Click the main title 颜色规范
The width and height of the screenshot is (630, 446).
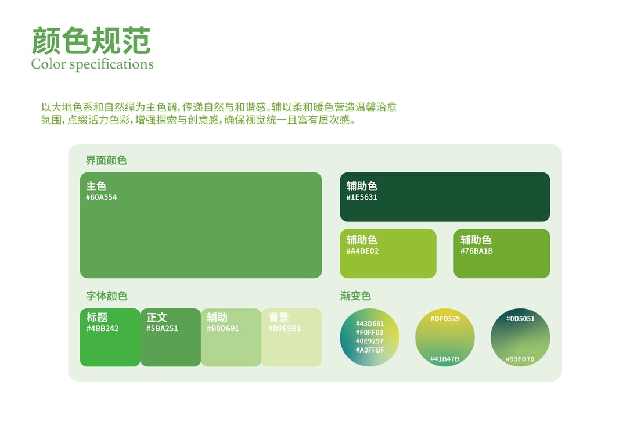[x=91, y=41]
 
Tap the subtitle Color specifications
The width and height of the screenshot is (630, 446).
[x=92, y=64]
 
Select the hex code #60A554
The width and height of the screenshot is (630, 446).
[x=101, y=197]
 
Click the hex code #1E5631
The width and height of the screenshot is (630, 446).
[x=362, y=197]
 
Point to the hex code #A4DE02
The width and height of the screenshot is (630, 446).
[x=362, y=251]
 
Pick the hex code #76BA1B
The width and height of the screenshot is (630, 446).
[x=477, y=251]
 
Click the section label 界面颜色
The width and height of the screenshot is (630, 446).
[x=106, y=160]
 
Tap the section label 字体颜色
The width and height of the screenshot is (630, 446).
[x=106, y=296]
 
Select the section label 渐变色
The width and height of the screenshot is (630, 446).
[x=355, y=296]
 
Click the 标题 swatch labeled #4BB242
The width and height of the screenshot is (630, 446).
[x=110, y=337]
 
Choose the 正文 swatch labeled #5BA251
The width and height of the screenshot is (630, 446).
[x=171, y=337]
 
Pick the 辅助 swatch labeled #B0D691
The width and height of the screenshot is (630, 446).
[x=231, y=337]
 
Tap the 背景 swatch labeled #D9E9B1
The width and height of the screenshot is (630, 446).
[x=291, y=337]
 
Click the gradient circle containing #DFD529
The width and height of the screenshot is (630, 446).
[x=445, y=337]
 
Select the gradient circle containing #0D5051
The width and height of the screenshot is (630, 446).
[x=520, y=337]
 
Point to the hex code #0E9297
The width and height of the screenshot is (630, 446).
[x=370, y=341]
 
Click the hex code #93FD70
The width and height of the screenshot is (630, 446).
[x=520, y=359]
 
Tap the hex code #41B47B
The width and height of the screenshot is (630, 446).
[x=444, y=359]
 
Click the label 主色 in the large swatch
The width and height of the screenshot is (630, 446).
[x=96, y=186]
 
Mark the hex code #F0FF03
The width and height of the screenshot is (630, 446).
[x=370, y=333]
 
